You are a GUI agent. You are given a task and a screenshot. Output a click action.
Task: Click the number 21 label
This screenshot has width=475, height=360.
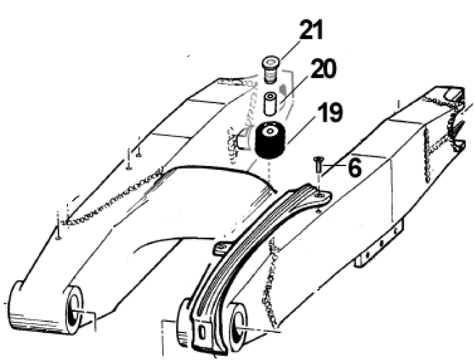(x=311, y=31)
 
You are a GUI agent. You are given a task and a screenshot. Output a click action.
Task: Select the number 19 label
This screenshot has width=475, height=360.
(x=330, y=113)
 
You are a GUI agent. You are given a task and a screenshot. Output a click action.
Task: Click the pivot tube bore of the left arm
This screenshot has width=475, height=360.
(x=73, y=310)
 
